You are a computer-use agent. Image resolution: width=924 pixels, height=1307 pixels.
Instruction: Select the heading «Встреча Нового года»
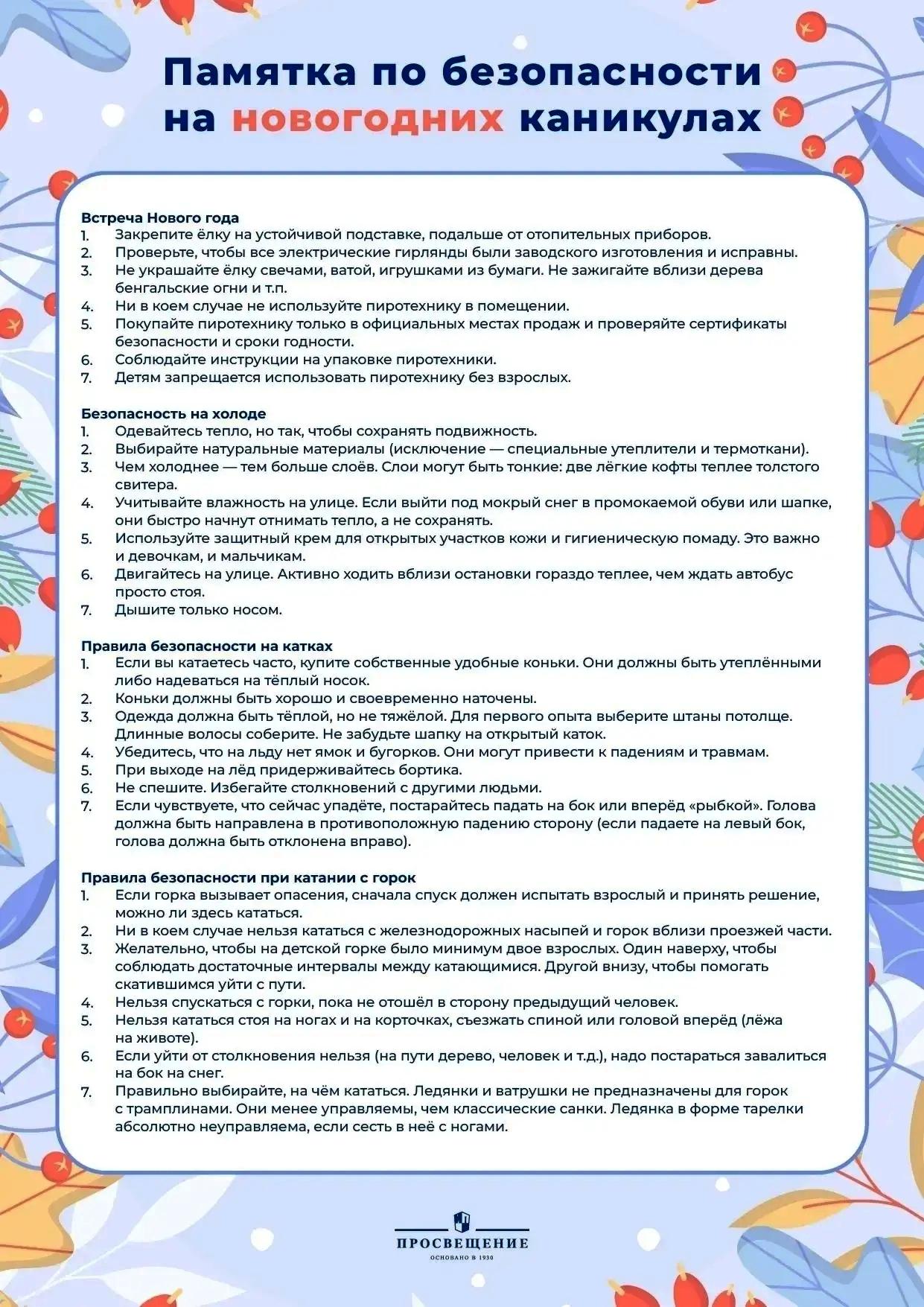coord(160,217)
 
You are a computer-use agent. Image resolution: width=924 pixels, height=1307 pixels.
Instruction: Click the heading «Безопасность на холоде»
coord(173,413)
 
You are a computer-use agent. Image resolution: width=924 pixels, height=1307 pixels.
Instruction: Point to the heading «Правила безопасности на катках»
coord(207,646)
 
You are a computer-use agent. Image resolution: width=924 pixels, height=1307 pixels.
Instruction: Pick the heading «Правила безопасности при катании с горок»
coord(249,877)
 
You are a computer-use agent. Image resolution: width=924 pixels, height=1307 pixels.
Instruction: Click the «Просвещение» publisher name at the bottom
coord(462,1243)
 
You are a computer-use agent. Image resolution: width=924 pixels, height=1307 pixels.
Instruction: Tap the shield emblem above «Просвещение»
coord(462,1221)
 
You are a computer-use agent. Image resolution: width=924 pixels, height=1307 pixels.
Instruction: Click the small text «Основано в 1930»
coord(462,1258)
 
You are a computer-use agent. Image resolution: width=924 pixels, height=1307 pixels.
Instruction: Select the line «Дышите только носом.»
coord(198,610)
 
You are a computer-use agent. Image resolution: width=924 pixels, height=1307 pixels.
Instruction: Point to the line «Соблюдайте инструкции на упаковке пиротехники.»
coord(305,360)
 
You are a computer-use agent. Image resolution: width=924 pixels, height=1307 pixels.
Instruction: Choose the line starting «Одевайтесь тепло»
coord(325,431)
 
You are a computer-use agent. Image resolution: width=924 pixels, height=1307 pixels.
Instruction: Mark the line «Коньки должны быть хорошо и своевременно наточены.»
coord(325,699)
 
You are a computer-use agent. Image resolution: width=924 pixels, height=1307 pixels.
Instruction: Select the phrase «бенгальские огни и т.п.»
coord(201,288)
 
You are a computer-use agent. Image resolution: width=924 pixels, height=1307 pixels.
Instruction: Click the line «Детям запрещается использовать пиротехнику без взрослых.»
coord(342,378)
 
